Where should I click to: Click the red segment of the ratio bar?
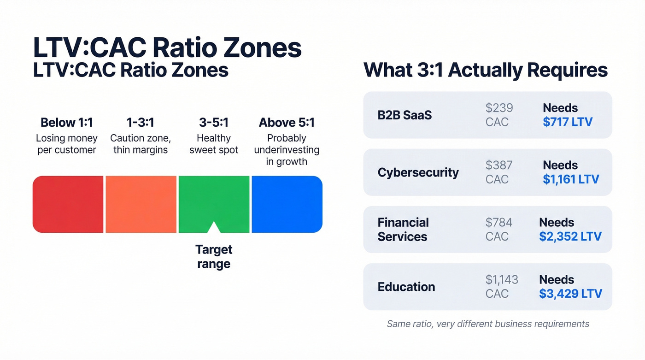pos(68,204)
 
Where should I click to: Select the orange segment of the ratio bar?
pos(141,204)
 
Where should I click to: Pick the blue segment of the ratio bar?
pos(287,204)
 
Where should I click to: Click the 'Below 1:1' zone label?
pos(67,123)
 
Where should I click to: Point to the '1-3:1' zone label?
pos(141,123)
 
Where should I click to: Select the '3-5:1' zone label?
pos(214,123)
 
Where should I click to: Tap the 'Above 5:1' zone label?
pos(287,123)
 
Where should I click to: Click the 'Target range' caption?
pos(214,257)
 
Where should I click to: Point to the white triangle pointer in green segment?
pos(214,228)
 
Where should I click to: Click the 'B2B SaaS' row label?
pos(405,115)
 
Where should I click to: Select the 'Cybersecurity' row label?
pos(418,172)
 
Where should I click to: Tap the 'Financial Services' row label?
pos(403,230)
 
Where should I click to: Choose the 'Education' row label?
pos(406,287)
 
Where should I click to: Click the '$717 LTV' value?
pos(568,122)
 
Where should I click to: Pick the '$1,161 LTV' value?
pos(571,179)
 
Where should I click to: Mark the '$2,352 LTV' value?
pos(570,236)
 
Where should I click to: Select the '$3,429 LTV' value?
pos(570,294)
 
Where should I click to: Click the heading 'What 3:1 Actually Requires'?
pos(486,70)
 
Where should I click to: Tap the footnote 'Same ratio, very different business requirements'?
pos(488,324)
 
